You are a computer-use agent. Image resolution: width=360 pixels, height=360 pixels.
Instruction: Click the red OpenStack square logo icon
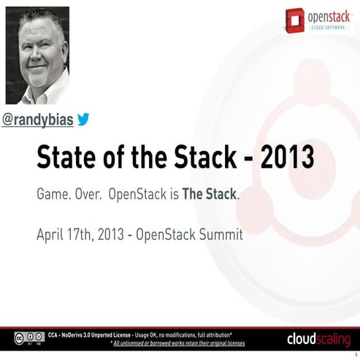pyautogui.click(x=295, y=18)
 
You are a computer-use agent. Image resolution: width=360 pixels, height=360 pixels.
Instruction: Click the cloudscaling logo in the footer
pyautogui.click(x=316, y=340)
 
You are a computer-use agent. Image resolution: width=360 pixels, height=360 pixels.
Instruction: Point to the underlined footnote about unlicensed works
pyautogui.click(x=179, y=342)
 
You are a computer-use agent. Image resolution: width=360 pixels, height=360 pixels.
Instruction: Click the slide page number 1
pyautogui.click(x=355, y=356)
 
